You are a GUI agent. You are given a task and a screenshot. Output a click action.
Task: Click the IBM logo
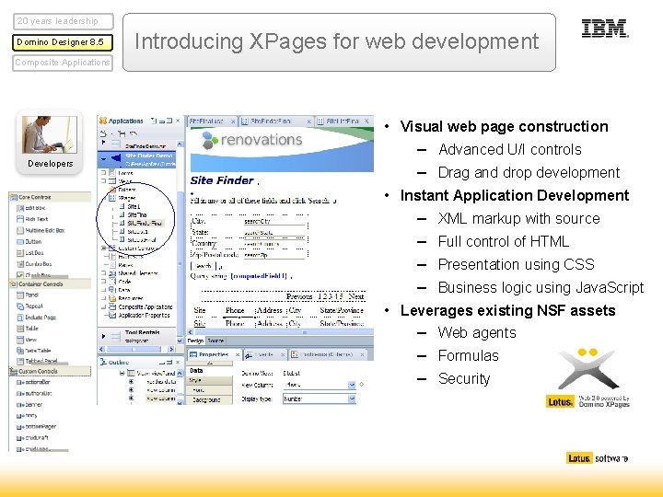[x=605, y=29]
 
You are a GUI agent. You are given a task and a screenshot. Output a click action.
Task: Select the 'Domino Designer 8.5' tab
[x=64, y=42]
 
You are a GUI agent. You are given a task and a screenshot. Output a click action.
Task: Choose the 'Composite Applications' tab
[x=63, y=63]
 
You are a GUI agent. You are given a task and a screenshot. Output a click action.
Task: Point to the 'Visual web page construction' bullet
[x=504, y=127]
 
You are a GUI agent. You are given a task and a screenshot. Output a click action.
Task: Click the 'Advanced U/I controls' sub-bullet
[x=509, y=149]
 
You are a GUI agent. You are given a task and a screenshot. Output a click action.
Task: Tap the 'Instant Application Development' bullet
[x=514, y=195]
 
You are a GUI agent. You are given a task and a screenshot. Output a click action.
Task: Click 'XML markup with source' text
[x=518, y=218]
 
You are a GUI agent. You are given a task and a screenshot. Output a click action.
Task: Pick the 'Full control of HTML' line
[x=503, y=241]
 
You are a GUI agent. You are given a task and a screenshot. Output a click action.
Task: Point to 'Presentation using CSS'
[x=516, y=264]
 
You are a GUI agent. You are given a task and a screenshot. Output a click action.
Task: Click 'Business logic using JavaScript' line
[x=541, y=287]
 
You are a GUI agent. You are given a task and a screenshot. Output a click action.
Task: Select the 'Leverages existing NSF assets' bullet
[x=507, y=310]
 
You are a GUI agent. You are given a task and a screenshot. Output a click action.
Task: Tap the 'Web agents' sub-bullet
[x=477, y=332]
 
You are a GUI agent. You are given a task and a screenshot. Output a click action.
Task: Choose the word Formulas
[x=468, y=355]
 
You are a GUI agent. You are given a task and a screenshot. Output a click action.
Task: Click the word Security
[x=464, y=378]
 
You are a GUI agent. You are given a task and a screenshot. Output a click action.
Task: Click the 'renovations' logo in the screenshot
[x=251, y=141]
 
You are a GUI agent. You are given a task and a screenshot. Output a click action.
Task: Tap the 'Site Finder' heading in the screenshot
[x=221, y=180]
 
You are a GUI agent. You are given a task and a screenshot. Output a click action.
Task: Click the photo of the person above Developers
[x=50, y=134]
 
